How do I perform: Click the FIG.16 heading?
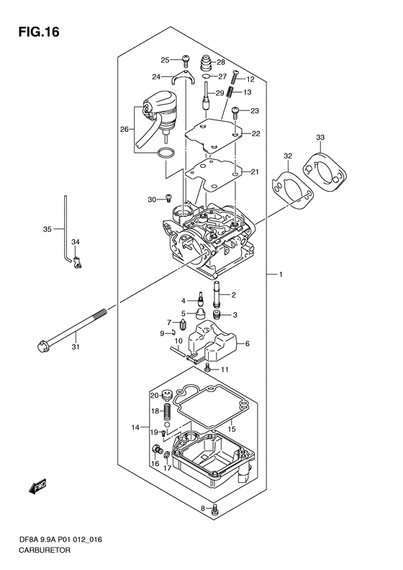click(39, 32)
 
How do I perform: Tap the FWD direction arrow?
click(37, 486)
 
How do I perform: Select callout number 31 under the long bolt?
click(75, 347)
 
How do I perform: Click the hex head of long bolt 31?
click(43, 346)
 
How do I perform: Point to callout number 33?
click(320, 138)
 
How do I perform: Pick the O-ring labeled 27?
click(206, 76)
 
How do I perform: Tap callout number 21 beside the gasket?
click(255, 172)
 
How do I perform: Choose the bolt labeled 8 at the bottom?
click(214, 510)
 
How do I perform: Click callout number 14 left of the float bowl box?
click(135, 427)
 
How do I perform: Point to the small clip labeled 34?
click(77, 262)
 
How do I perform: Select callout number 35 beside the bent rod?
click(47, 229)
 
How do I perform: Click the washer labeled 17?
click(167, 455)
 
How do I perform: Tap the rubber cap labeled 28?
click(207, 63)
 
